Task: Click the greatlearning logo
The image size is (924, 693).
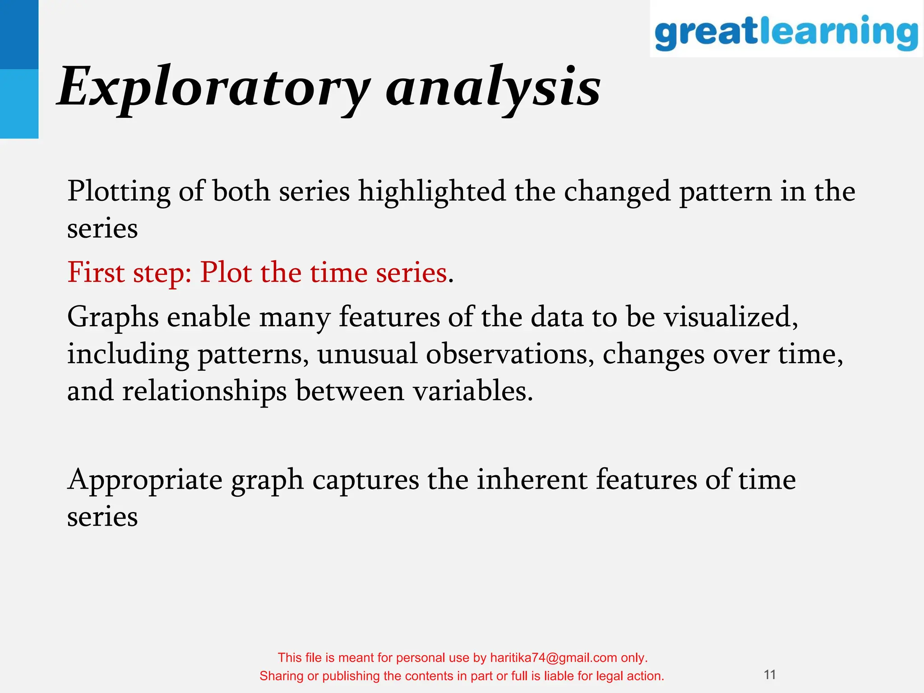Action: click(786, 32)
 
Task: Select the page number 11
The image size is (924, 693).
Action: click(770, 675)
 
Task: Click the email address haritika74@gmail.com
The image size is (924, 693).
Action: click(553, 657)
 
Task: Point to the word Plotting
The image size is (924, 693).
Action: click(119, 191)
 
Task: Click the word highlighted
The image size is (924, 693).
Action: click(432, 191)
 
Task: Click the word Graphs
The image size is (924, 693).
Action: click(113, 318)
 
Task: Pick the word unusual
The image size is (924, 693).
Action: click(367, 354)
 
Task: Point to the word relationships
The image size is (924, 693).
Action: click(204, 391)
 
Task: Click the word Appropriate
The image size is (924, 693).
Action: click(144, 480)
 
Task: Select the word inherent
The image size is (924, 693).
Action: click(532, 479)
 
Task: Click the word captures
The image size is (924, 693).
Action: click(365, 480)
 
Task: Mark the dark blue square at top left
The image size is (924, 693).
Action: click(19, 34)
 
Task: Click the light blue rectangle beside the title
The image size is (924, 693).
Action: click(19, 104)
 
